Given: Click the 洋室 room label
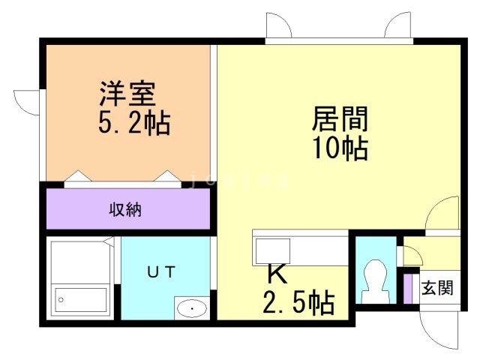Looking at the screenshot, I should pyautogui.click(x=127, y=94).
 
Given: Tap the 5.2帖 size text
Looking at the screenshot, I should pyautogui.click(x=134, y=121).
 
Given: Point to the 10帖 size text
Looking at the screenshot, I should pyautogui.click(x=339, y=148).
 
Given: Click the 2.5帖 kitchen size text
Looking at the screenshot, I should pyautogui.click(x=298, y=303).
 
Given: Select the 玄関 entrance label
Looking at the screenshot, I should pyautogui.click(x=436, y=288).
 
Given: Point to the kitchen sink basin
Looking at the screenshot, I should pyautogui.click(x=272, y=249).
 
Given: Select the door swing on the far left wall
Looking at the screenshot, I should pyautogui.click(x=28, y=101).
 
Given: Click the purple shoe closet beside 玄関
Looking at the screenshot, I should pyautogui.click(x=409, y=289).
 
